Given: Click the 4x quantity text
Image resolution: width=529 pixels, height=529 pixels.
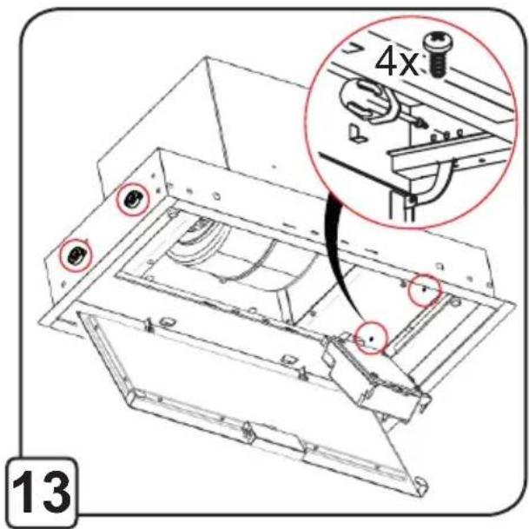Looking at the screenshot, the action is (397, 63).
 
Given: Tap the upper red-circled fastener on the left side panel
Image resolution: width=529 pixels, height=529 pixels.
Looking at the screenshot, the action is (133, 199).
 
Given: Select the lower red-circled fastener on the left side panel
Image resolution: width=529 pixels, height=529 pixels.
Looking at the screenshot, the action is (76, 255).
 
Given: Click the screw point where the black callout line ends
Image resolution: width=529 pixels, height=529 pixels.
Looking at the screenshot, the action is (372, 338).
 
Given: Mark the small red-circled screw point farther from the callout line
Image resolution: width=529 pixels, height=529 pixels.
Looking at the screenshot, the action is (424, 289).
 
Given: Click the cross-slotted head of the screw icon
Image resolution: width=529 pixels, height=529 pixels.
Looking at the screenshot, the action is (438, 42).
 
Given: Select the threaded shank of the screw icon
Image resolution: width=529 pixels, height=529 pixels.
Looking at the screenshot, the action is (438, 65).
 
